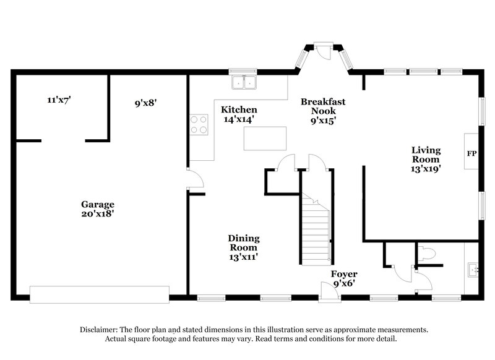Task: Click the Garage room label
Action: [98, 204]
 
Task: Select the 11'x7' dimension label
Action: [59, 99]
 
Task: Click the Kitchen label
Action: [239, 109]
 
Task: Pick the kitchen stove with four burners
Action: [199, 124]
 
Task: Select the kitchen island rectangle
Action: [265, 138]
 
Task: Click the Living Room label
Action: [426, 155]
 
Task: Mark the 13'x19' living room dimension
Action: [426, 168]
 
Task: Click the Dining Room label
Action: [243, 242]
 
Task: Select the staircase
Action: [316, 229]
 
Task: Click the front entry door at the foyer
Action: [330, 291]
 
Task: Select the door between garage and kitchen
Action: [194, 179]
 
